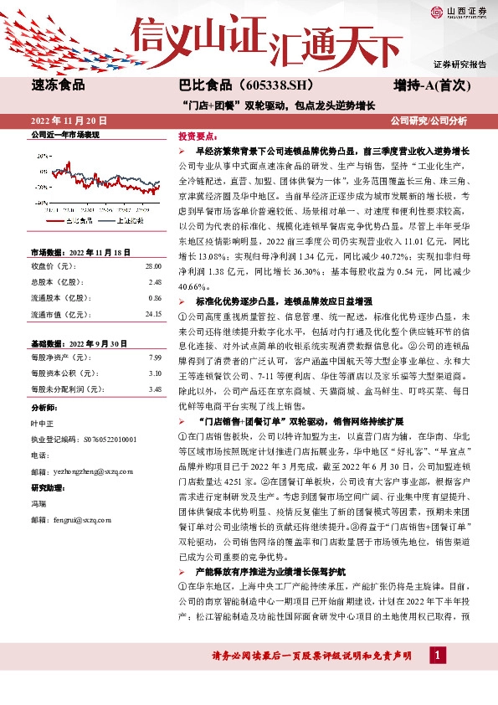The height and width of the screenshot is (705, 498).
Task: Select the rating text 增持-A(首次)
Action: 438,85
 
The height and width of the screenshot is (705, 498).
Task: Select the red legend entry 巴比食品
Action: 79,222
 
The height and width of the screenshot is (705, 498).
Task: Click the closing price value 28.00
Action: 152,265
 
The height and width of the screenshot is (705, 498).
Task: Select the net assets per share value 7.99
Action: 154,358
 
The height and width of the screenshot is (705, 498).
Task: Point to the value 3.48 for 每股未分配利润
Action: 154,389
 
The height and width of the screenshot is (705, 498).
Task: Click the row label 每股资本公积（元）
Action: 62,373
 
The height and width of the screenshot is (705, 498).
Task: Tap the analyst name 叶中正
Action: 42,423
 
